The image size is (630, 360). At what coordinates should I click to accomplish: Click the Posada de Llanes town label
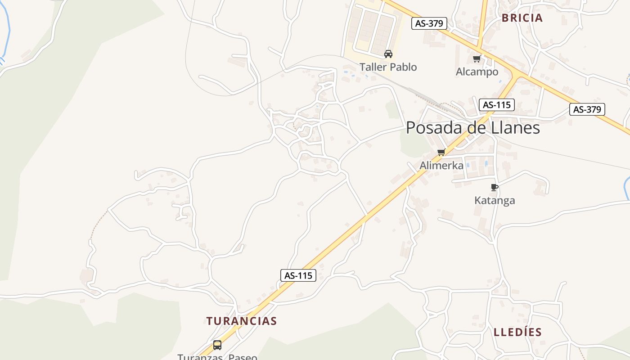click(x=472, y=128)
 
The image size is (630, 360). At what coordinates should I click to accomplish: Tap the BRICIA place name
click(x=522, y=18)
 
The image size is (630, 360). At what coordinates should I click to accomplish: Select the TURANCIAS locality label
click(x=242, y=321)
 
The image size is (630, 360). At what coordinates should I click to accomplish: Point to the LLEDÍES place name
click(x=517, y=332)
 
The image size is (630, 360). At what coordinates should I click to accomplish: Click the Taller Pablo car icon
click(x=388, y=54)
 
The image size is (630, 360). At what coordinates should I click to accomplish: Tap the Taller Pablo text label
click(x=388, y=67)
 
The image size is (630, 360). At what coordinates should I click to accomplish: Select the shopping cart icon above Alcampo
click(x=477, y=58)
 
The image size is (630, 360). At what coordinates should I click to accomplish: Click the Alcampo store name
click(x=477, y=72)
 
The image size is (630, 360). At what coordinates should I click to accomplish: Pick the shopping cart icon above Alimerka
click(x=441, y=152)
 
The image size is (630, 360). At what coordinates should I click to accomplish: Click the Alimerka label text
click(x=441, y=165)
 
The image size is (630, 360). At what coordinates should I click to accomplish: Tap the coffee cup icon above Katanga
click(x=494, y=187)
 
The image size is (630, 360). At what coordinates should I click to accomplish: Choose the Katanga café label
click(x=495, y=200)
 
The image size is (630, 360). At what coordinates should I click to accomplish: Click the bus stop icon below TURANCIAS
click(x=217, y=345)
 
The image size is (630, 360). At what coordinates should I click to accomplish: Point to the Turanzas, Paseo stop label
click(x=217, y=357)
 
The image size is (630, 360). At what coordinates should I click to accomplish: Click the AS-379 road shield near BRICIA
click(x=429, y=23)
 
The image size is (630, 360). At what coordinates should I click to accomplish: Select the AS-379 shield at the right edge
click(x=587, y=109)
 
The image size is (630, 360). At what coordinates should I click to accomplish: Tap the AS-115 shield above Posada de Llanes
click(x=496, y=105)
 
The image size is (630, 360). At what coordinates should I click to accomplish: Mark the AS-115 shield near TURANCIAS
click(x=298, y=275)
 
